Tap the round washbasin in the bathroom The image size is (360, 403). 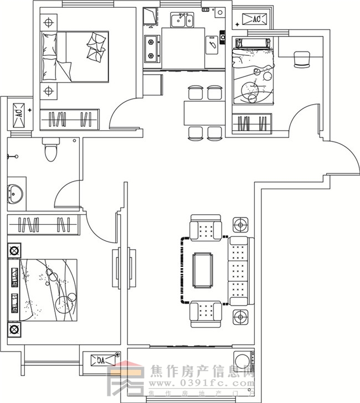(13, 194)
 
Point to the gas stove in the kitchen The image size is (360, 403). (151, 48)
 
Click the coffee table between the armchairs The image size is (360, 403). (203, 270)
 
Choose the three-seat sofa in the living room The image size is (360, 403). (239, 270)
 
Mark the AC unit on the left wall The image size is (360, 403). (18, 113)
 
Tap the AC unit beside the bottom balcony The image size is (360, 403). (101, 360)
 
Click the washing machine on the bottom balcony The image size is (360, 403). (243, 360)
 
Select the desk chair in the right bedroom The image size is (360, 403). (302, 59)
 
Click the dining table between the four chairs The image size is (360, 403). (204, 113)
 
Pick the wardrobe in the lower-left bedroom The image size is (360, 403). (44, 225)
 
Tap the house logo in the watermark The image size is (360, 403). (125, 379)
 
